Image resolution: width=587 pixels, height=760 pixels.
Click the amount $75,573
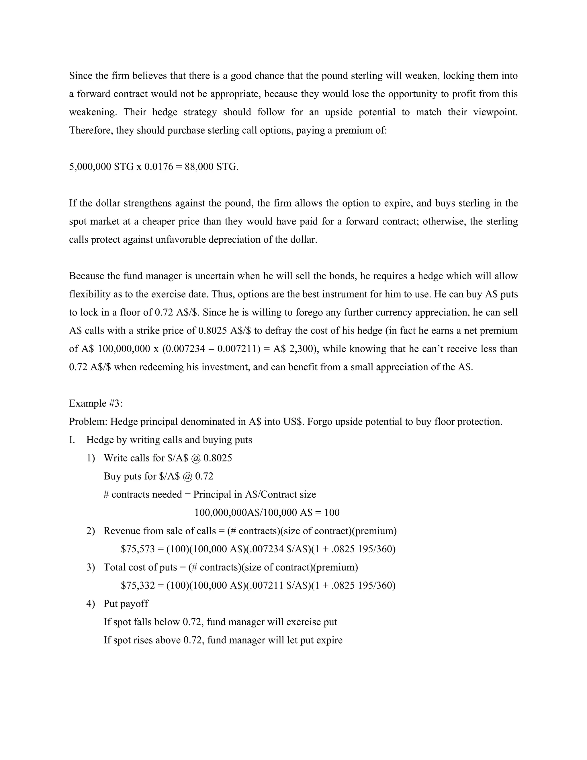pos(138,549)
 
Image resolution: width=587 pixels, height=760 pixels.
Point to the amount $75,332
pos(138,586)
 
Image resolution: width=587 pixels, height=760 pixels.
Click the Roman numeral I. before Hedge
pos(72,440)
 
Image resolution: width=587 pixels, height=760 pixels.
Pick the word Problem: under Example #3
pos(88,422)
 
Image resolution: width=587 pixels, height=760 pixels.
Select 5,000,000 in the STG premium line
pos(90,167)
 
